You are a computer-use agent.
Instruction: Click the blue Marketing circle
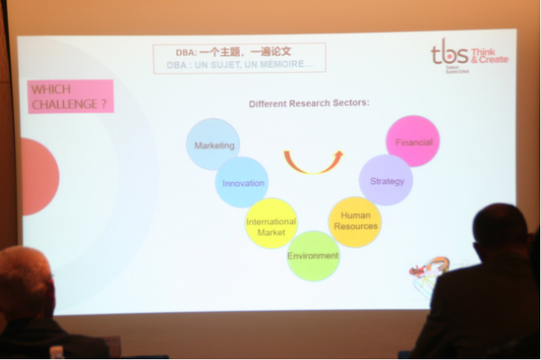coord(213,144)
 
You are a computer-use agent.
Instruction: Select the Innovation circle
coord(242,182)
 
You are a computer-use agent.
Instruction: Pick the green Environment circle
coord(313,256)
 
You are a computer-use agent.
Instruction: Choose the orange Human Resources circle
coord(354,221)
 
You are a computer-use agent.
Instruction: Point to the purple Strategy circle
coord(386,180)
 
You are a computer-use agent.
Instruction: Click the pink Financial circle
coord(413,142)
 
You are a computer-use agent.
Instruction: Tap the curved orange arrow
coord(313,160)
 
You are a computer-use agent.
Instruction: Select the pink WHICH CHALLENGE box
coord(70,96)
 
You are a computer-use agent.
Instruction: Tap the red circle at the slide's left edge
coord(36,176)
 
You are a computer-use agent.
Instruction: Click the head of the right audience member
coord(499,230)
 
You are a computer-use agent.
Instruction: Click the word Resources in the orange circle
coord(354,227)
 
